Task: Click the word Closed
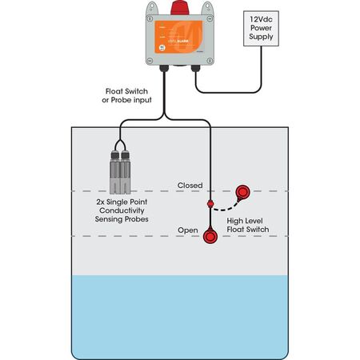pyautogui.click(x=190, y=186)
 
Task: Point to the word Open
pyautogui.click(x=187, y=230)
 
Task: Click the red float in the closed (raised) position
pyautogui.click(x=242, y=192)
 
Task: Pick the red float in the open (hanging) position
pyautogui.click(x=211, y=237)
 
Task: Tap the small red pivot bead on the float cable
pyautogui.click(x=210, y=205)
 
